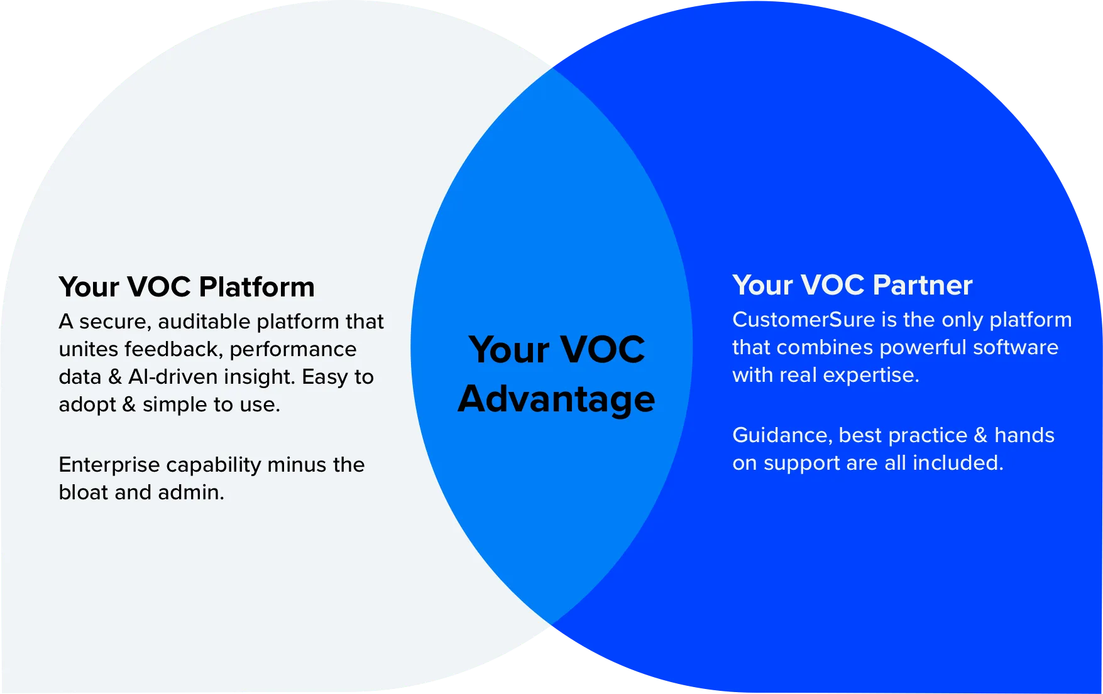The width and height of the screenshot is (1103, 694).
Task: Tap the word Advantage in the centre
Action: click(x=556, y=399)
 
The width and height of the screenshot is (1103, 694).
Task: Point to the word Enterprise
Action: click(x=109, y=465)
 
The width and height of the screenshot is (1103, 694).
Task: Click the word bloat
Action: click(x=84, y=492)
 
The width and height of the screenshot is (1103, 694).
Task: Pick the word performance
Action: click(x=293, y=349)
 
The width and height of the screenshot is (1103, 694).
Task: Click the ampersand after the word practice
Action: click(x=980, y=435)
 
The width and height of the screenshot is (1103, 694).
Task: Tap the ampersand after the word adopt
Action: click(x=129, y=404)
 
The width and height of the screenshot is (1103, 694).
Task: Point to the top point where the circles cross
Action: click(x=552, y=68)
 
